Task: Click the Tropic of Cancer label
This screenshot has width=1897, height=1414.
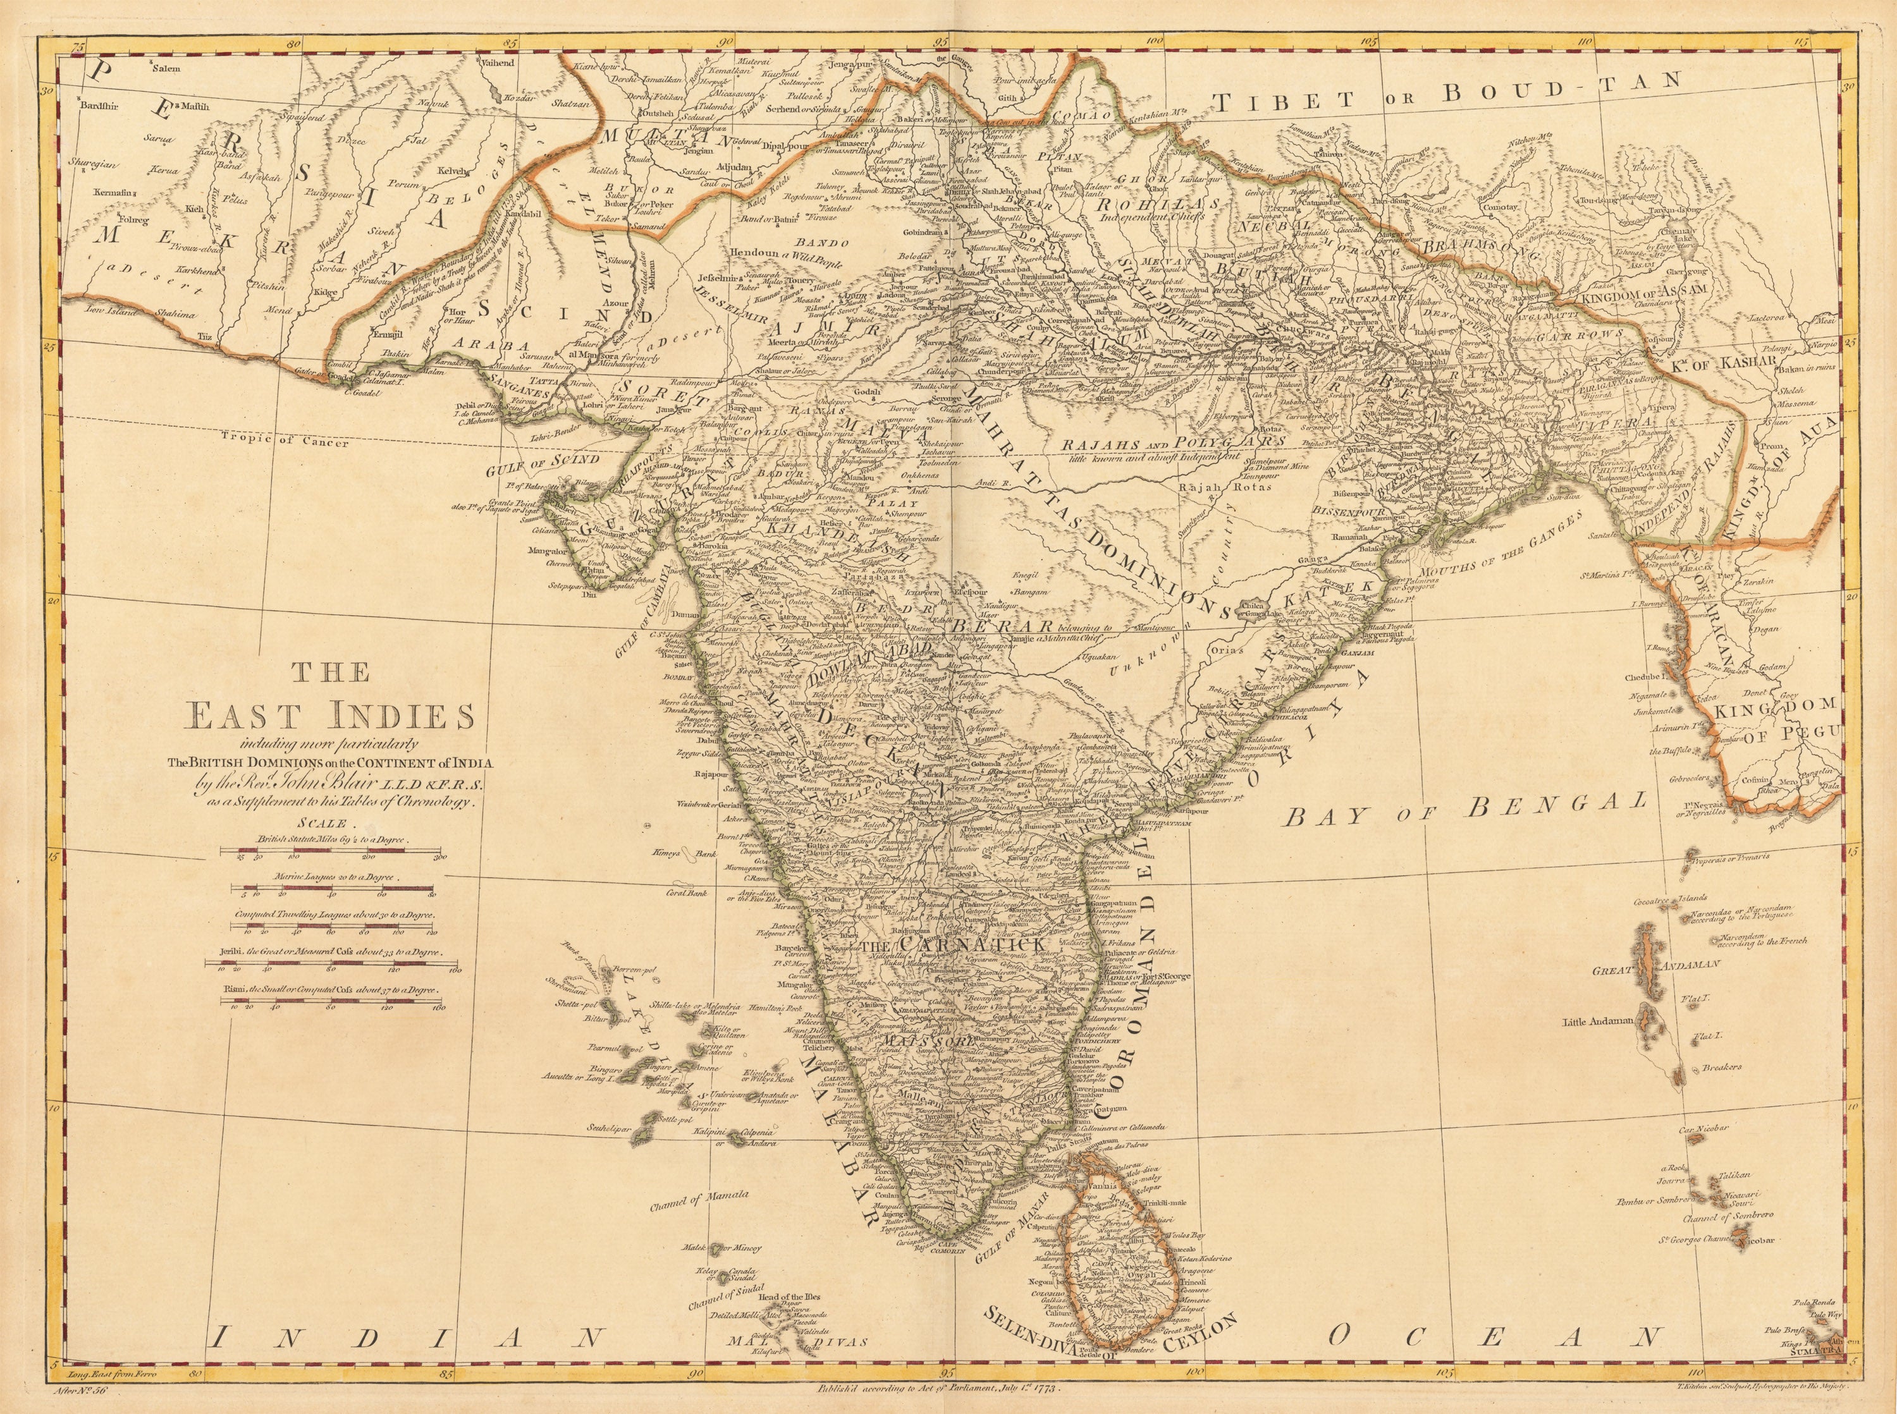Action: [284, 442]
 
